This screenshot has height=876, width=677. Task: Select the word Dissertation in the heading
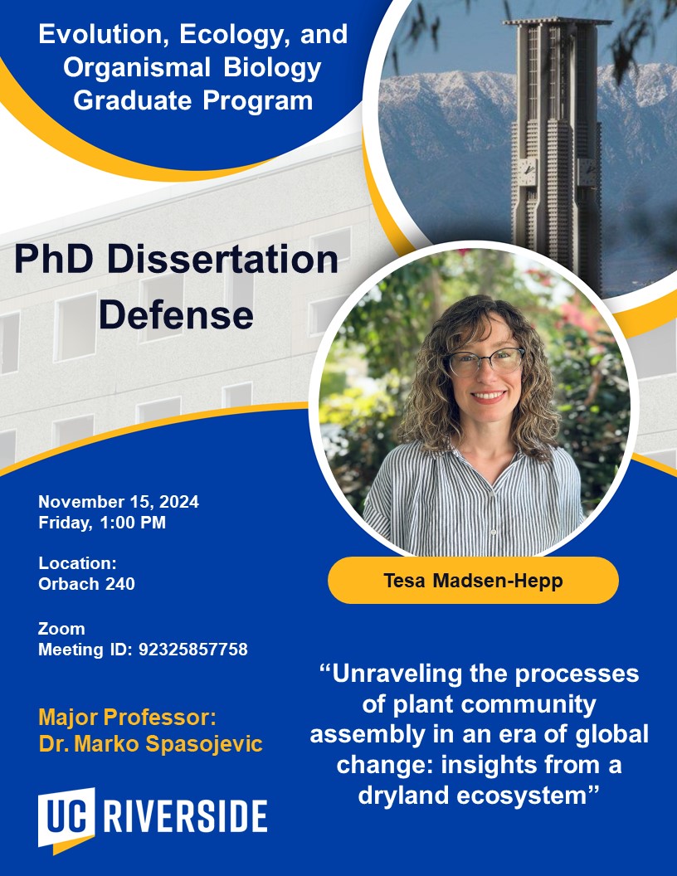[x=222, y=259]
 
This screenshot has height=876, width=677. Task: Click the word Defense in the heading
[x=176, y=314]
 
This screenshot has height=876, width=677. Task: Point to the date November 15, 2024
[x=119, y=502]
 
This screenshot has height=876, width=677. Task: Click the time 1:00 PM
[x=133, y=523]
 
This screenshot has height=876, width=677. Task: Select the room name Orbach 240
[x=86, y=584]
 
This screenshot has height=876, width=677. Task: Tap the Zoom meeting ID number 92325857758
[x=193, y=650]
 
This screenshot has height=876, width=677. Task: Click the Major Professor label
[x=128, y=718]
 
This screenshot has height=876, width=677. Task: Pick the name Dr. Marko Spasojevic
[x=150, y=743]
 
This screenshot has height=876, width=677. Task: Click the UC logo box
[x=66, y=819]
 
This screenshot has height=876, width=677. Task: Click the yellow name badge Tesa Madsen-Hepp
[x=473, y=581]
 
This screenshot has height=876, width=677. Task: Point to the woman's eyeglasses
[x=485, y=361]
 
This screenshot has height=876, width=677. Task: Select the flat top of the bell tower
[x=557, y=22]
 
